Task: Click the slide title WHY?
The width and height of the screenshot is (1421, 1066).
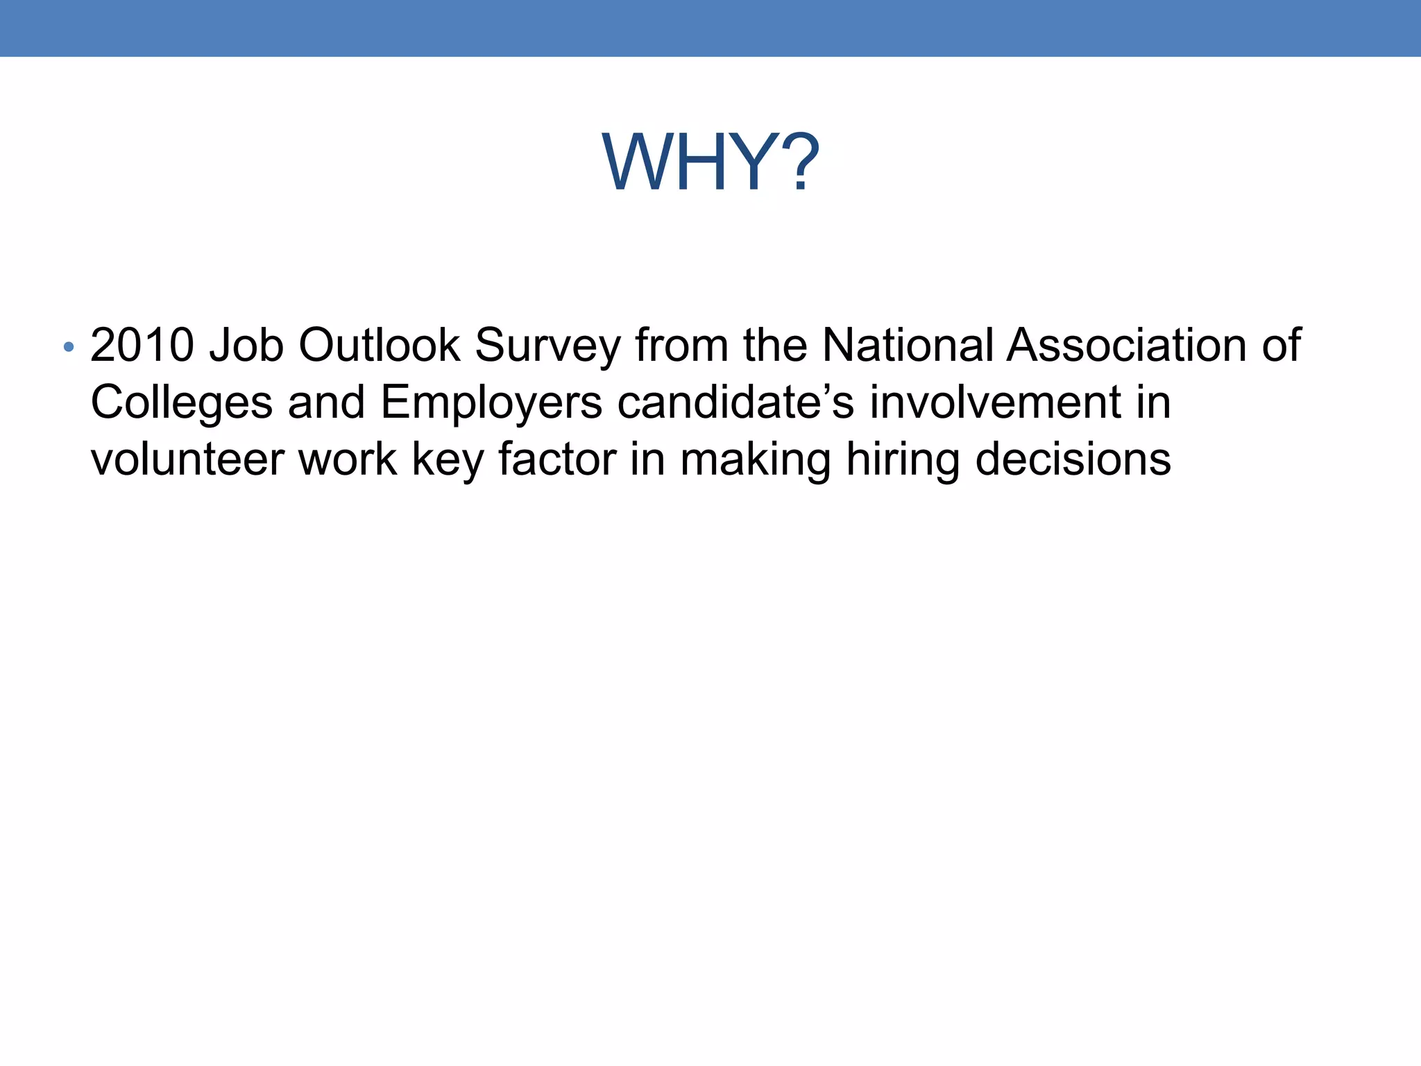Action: tap(710, 163)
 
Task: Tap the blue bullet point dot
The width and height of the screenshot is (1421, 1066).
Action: tap(68, 346)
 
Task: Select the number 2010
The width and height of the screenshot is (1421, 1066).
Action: tap(142, 345)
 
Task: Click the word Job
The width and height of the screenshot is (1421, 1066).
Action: tap(246, 346)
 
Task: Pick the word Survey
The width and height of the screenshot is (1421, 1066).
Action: tap(547, 346)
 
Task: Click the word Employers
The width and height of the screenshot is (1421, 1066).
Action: tap(491, 403)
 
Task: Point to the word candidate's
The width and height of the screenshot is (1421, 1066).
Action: tap(735, 402)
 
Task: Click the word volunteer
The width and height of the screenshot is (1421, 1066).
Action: tap(187, 459)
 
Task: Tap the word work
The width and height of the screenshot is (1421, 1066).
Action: tap(347, 459)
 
